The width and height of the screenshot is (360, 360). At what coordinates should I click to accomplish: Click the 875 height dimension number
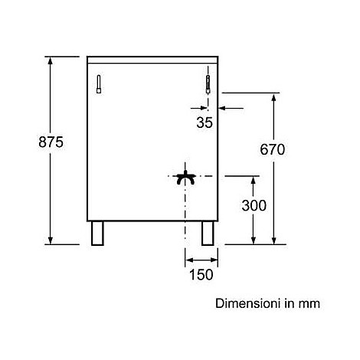coord(51,142)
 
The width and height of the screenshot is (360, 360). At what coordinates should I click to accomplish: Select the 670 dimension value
coord(272,149)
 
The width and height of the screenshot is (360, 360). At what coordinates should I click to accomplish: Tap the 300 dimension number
coord(254,205)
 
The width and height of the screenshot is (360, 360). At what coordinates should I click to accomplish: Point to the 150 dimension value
coord(201,275)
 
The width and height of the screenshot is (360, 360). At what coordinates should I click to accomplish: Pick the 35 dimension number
coord(205,123)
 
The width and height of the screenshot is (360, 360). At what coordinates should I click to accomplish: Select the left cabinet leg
coord(97,234)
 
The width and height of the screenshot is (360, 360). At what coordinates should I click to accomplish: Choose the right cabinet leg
coord(208,234)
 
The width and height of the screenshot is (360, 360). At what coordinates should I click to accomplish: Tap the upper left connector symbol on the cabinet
coord(99,84)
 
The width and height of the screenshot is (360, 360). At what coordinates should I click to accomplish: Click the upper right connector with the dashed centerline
coord(208,84)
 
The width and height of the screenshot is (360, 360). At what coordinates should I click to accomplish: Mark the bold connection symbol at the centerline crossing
coord(185,178)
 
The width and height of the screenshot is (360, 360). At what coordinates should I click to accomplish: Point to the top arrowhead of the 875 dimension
coord(51,61)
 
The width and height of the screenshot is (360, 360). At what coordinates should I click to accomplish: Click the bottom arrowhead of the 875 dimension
coord(51,241)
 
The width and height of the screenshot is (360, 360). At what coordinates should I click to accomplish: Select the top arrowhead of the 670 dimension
coord(274,97)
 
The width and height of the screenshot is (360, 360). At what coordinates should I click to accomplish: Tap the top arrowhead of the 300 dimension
coord(254,180)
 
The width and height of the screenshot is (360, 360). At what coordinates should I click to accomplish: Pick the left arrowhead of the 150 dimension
coord(189,260)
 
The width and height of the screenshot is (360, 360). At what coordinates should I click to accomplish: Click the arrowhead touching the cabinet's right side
coord(222,108)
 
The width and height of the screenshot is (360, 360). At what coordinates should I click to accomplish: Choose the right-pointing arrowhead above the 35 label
coord(204,108)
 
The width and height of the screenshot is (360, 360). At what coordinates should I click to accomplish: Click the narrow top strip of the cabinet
coord(152,60)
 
